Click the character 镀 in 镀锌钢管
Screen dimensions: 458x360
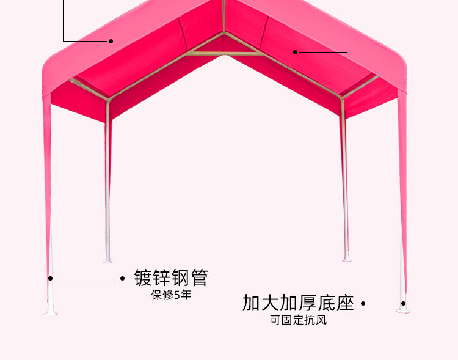tap(143, 277)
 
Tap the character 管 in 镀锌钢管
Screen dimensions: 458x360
tap(199, 277)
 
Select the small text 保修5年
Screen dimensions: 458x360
tap(171, 295)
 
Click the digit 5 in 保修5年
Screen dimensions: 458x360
tap(178, 295)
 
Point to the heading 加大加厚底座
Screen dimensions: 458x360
tap(298, 303)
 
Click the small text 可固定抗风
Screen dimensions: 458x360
tap(298, 320)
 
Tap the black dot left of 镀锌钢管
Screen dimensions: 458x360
tap(122, 279)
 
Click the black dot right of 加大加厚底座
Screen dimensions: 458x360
tap(363, 303)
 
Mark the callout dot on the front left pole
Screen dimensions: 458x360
tap(51, 279)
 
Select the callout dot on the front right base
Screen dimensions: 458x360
tap(404, 303)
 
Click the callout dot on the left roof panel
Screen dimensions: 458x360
tap(111, 42)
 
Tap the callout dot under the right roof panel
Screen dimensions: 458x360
tap(295, 52)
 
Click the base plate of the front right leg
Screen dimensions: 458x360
tap(403, 310)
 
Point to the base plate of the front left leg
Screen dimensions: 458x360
tap(51, 313)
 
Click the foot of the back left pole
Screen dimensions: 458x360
tap(108, 260)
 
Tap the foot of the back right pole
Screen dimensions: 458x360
tap(346, 259)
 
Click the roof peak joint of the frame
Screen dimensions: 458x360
tap(224, 31)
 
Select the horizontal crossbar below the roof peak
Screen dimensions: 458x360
tap(225, 54)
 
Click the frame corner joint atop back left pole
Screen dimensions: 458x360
tap(108, 100)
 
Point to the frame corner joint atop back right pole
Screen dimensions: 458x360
tap(343, 98)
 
